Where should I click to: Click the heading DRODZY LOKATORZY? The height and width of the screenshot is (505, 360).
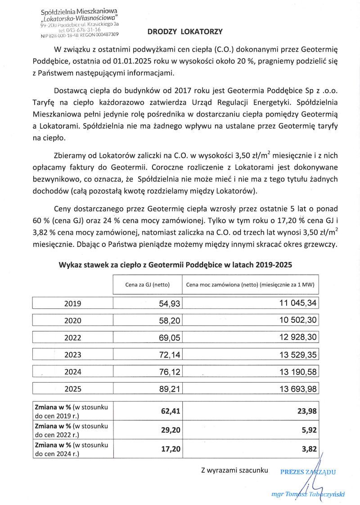coord(185,32)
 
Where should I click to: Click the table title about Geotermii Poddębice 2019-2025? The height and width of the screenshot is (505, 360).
coord(175,265)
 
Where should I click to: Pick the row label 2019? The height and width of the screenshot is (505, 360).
coord(72,304)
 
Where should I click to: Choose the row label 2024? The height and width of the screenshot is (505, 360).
coord(72,372)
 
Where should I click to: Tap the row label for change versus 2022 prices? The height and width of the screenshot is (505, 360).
coord(72,429)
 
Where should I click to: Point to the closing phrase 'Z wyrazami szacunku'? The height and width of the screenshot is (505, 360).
coord(234,471)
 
